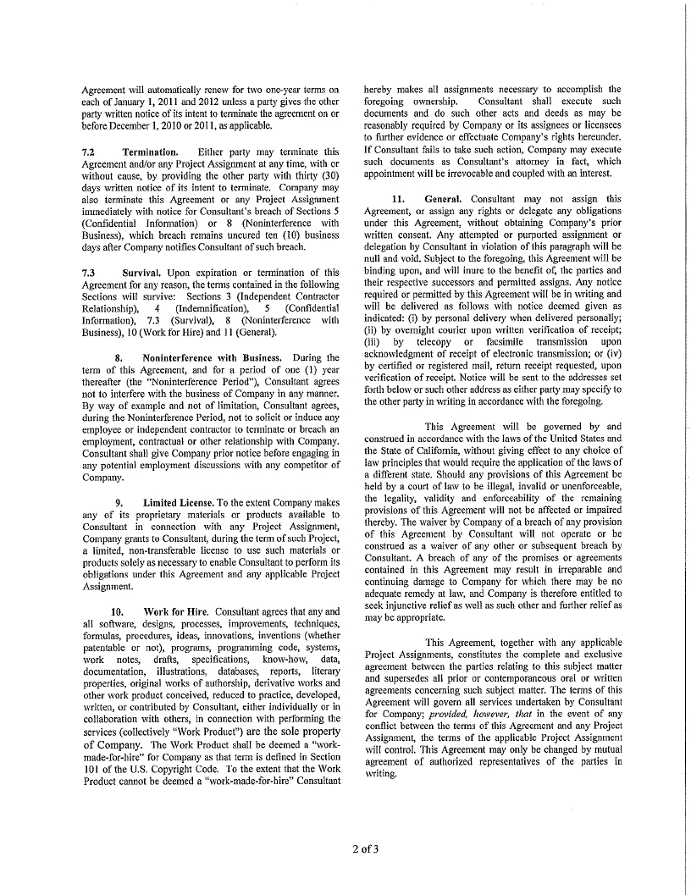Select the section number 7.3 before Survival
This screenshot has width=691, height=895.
tap(88, 273)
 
